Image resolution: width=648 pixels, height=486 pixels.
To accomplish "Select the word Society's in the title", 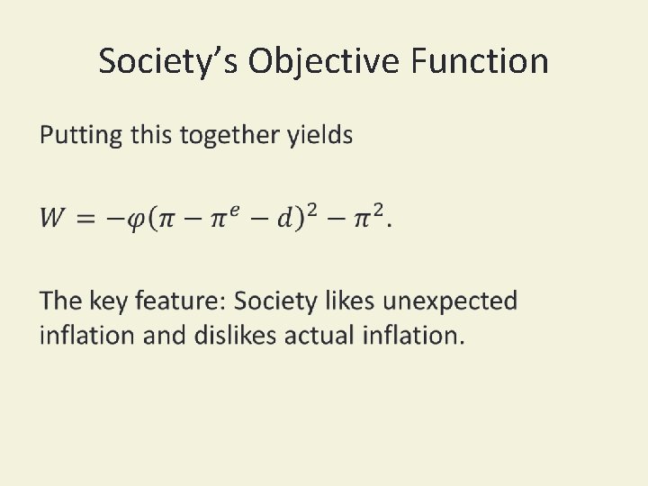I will [x=168, y=61].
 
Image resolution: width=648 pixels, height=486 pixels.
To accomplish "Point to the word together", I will [x=230, y=136].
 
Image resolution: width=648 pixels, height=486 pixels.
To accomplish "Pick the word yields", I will [x=319, y=136].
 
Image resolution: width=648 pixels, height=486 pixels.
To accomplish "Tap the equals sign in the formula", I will [x=88, y=219].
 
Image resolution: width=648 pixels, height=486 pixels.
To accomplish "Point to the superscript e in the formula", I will [x=233, y=211].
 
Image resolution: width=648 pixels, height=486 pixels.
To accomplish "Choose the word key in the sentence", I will [x=111, y=301].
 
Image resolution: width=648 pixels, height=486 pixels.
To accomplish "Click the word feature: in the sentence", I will [x=183, y=301].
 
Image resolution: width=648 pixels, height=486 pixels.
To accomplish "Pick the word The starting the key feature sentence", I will [x=60, y=301].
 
